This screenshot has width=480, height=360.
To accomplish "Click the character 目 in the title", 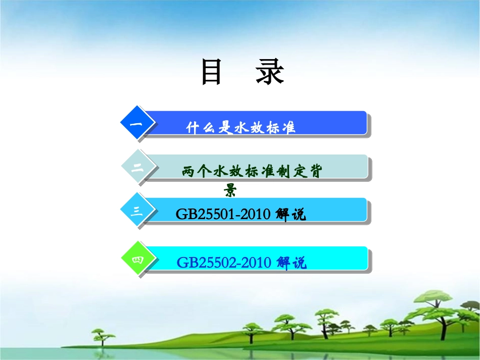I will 212,72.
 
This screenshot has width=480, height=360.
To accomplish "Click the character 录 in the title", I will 269,72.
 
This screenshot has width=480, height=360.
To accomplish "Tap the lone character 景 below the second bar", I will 231,190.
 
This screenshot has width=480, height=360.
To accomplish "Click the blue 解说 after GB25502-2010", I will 292,263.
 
